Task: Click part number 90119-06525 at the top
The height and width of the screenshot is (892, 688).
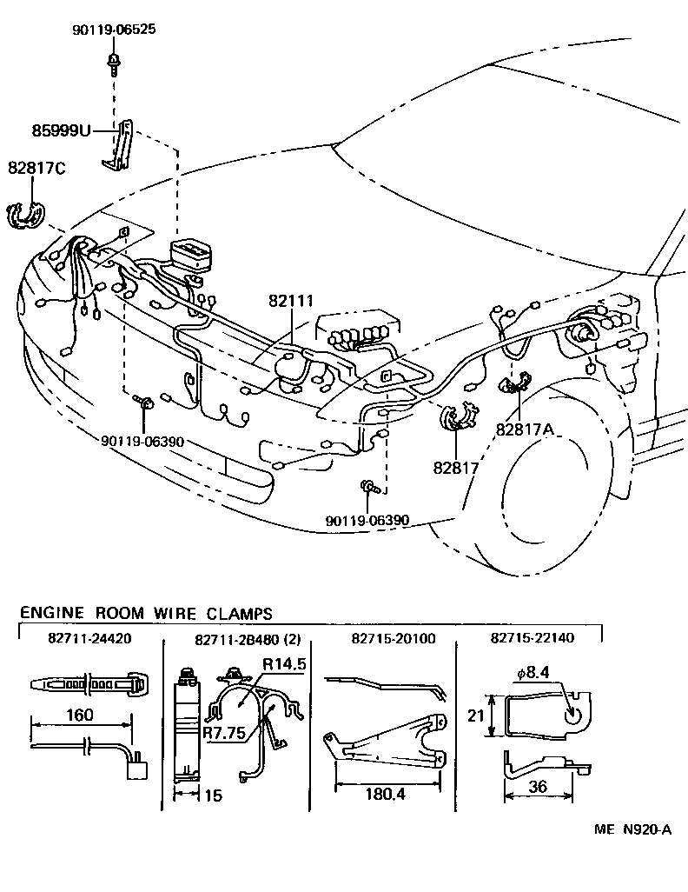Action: [x=114, y=30]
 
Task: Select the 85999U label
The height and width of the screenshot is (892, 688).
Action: [x=62, y=133]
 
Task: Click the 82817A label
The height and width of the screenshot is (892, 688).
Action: [x=525, y=428]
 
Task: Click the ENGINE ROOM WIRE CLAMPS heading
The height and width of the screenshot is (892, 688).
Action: [x=146, y=614]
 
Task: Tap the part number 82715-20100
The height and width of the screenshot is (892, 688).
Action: [x=394, y=639]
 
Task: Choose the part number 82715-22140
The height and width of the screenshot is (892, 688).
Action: [x=532, y=639]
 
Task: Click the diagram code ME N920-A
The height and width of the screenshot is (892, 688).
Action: [x=632, y=829]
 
